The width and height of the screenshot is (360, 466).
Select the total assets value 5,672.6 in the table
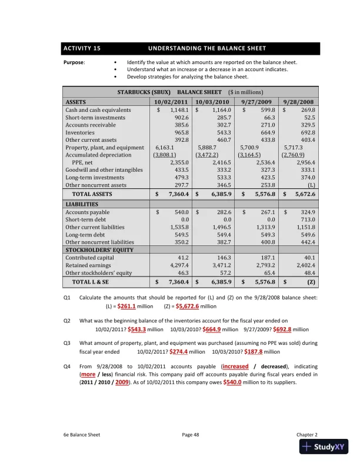pyautogui.click(x=304, y=194)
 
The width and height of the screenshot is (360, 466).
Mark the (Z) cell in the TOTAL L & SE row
pyautogui.click(x=311, y=283)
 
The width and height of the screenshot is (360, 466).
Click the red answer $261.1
pyautogui.click(x=126, y=307)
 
